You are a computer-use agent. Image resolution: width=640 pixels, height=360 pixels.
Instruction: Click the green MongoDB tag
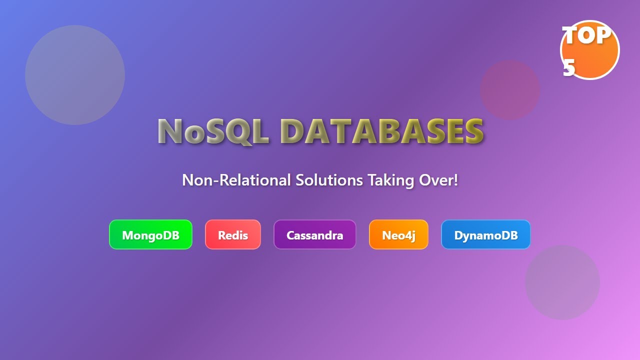coord(150,234)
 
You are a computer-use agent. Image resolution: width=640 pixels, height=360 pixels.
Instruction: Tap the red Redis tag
coord(233,234)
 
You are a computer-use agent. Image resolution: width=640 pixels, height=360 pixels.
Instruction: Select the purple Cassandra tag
coord(314,234)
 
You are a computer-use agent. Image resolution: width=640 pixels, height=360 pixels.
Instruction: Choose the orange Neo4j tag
coord(398,234)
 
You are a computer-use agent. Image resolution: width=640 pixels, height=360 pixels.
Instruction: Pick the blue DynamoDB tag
coord(485,234)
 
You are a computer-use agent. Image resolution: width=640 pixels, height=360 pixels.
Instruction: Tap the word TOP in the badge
coord(586,36)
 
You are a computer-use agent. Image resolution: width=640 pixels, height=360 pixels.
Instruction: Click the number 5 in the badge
coord(569,68)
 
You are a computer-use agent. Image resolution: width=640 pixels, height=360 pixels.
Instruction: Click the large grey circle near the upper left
coord(75,75)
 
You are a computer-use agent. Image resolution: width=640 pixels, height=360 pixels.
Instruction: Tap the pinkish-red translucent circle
coord(509,90)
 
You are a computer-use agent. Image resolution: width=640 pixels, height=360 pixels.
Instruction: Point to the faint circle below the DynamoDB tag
coord(562,282)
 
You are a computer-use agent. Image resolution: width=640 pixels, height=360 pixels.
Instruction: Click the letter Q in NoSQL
coord(235,132)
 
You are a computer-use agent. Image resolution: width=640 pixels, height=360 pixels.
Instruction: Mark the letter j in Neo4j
coord(412,235)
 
